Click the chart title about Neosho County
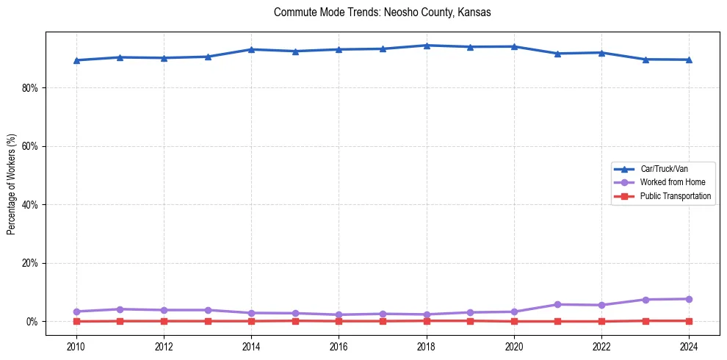point(382,12)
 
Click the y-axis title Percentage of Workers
point(12,184)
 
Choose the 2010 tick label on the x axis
point(76,346)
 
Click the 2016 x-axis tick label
point(339,346)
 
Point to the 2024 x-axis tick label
point(689,346)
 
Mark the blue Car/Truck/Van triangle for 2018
point(427,46)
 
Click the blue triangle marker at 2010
point(76,60)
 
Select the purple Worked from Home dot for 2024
point(689,299)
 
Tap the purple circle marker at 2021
point(557,304)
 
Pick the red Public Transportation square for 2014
point(251,321)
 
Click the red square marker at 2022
point(601,321)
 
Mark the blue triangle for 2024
point(689,60)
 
